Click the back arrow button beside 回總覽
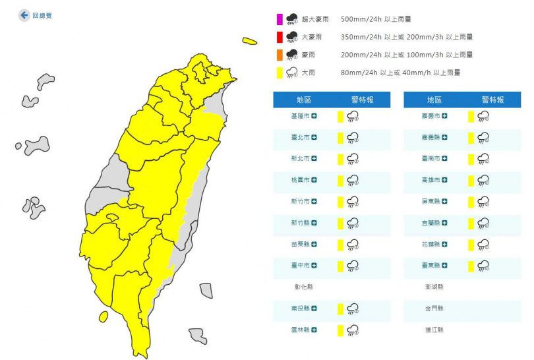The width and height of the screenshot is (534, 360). [24, 15]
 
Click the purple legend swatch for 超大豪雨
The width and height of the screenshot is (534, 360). [279, 18]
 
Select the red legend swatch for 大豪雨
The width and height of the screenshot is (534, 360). [279, 37]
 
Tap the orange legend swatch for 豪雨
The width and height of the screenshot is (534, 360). [279, 55]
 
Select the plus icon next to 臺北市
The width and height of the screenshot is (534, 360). [314, 137]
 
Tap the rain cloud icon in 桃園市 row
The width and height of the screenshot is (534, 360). [353, 180]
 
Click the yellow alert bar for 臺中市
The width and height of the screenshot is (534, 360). [340, 266]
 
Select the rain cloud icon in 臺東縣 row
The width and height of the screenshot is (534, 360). [483, 266]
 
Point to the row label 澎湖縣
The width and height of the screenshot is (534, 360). [434, 287]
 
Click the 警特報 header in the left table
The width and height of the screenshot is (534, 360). [362, 100]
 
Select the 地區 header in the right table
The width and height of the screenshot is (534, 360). [434, 100]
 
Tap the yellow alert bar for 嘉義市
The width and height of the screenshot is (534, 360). [471, 116]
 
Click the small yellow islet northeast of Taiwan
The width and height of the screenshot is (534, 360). [249, 41]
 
